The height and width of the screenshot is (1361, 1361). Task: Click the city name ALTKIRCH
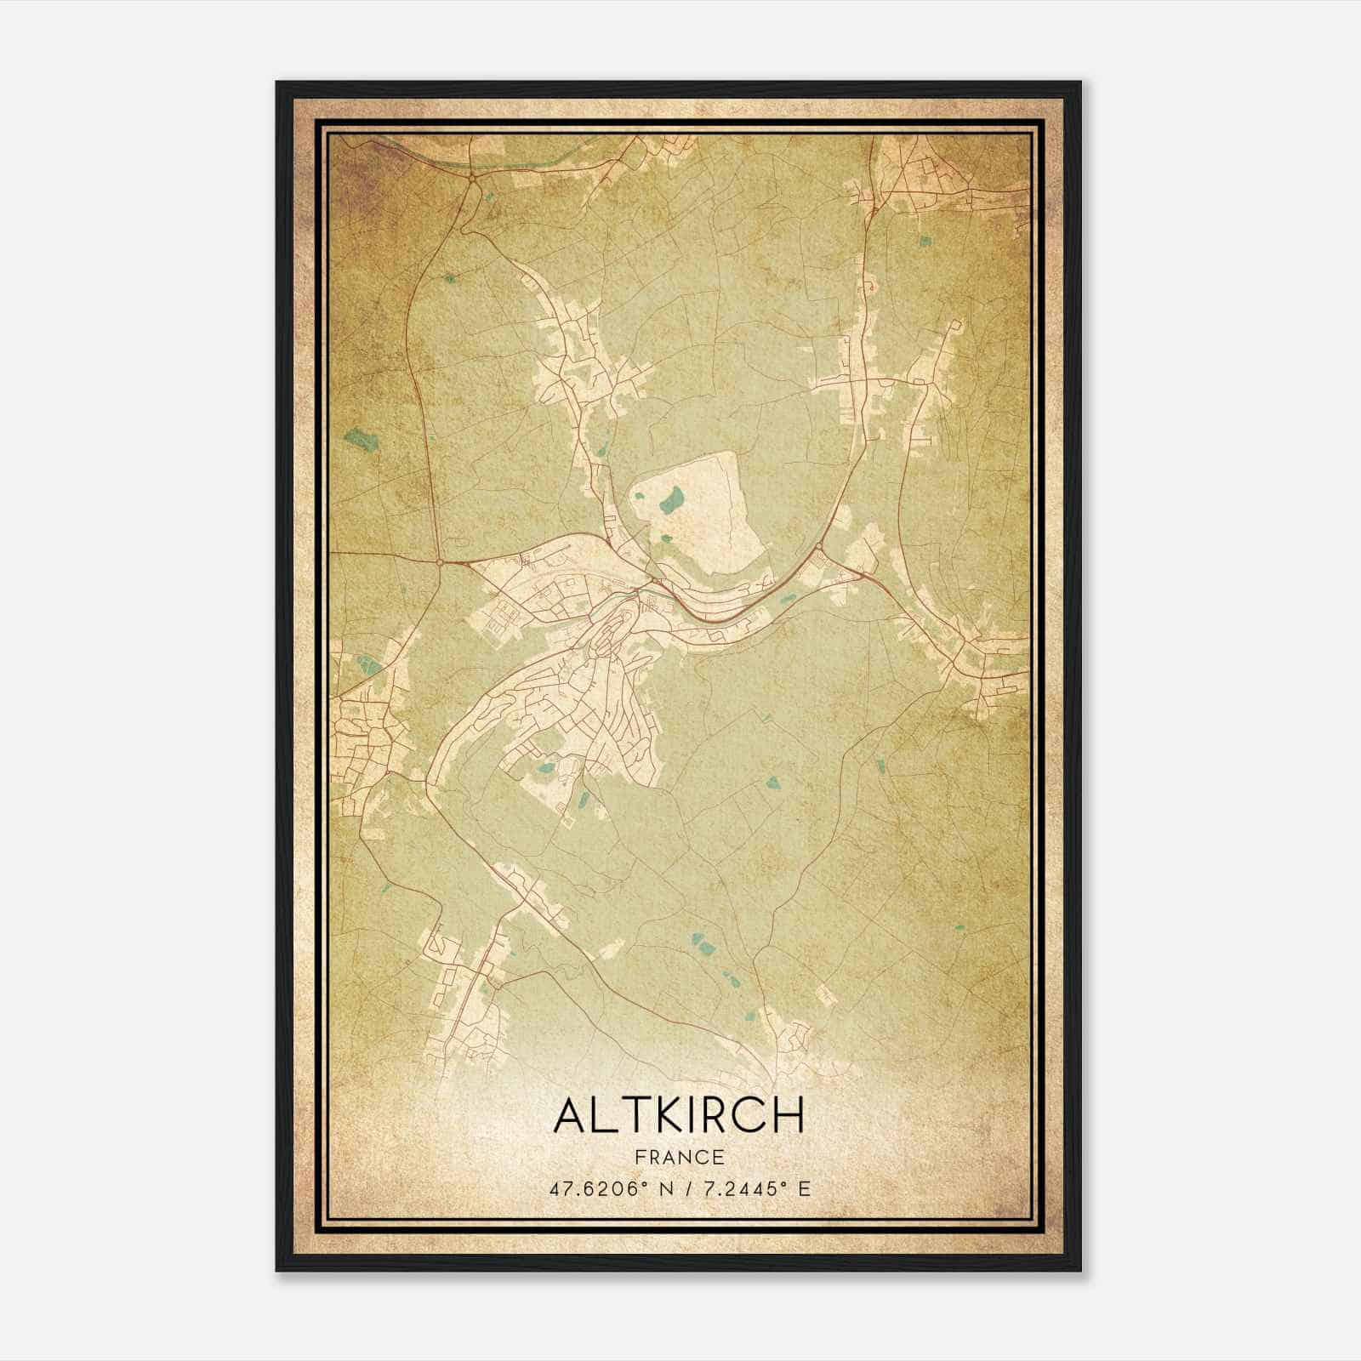click(x=678, y=1114)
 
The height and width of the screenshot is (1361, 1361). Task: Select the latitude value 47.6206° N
click(x=606, y=1188)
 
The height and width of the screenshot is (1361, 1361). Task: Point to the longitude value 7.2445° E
click(x=751, y=1188)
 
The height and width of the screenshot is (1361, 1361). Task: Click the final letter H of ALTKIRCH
click(x=788, y=1114)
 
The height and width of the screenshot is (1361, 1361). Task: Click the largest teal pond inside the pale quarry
click(x=673, y=500)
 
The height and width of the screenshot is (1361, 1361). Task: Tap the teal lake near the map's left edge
click(x=361, y=440)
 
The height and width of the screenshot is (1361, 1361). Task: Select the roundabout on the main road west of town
click(x=439, y=561)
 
